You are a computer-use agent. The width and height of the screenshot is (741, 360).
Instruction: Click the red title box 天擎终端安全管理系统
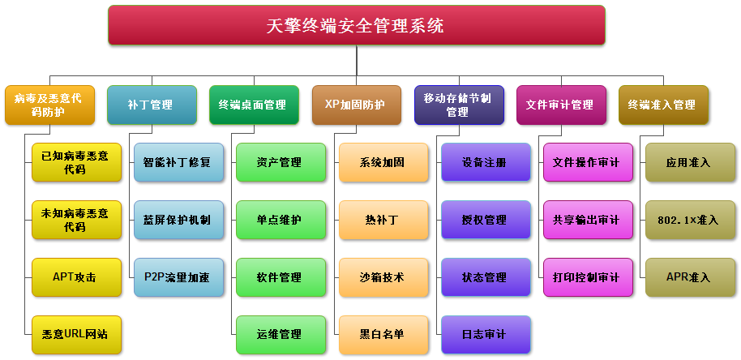point(357,25)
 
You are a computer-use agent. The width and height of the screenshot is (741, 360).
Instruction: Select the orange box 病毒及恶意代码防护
point(49,105)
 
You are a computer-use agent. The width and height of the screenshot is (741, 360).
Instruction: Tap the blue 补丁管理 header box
point(152,105)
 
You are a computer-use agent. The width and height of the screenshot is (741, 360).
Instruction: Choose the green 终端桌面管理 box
point(255,105)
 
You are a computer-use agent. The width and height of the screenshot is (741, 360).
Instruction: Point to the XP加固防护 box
point(357,105)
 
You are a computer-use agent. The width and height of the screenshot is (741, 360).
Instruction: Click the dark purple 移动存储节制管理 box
point(460,105)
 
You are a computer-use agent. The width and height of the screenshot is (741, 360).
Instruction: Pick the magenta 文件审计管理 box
point(561,105)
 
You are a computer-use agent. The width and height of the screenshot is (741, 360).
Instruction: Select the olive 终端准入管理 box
point(663,105)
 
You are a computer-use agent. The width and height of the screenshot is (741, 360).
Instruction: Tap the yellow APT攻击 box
point(76,277)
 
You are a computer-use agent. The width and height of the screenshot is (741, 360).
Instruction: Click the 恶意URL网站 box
point(76,335)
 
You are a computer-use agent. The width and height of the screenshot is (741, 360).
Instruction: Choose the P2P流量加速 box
point(178,277)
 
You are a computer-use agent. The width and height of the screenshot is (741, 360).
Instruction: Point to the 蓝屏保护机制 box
point(178,220)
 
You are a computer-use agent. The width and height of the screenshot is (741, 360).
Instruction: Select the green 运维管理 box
point(281,335)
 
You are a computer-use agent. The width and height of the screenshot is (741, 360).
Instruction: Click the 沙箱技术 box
point(383,277)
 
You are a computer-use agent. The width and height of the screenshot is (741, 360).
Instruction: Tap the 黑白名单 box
point(383,335)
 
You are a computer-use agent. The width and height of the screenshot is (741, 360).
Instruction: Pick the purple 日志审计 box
point(486,335)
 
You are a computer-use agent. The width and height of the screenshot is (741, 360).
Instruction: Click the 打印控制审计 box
point(589,277)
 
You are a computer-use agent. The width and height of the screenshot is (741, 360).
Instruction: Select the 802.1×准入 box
point(691,220)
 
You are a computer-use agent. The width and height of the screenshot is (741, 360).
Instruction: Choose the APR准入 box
point(691,277)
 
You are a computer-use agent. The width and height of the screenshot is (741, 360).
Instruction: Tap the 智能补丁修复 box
point(178,162)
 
